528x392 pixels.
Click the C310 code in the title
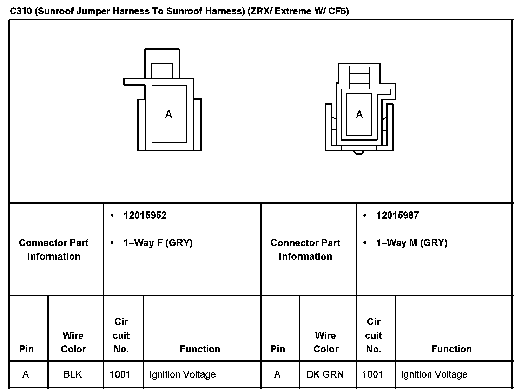point(21,11)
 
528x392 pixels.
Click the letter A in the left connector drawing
point(169,114)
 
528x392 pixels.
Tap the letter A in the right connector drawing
point(359,114)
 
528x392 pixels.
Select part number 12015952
point(145,215)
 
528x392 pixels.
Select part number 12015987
point(397,215)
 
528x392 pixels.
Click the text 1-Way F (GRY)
point(158,243)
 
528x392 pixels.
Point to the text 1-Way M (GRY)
point(412,243)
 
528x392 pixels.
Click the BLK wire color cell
point(73,374)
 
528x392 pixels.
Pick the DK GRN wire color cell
point(325,374)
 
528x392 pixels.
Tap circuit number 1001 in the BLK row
point(120,374)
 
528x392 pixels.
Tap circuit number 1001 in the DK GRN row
point(372,374)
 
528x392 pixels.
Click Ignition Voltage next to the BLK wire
point(183,374)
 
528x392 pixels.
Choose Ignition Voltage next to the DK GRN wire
point(434,374)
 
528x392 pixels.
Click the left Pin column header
point(26,349)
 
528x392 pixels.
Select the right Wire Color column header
point(326,342)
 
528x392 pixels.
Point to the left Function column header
point(200,349)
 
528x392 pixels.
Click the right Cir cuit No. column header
point(374,335)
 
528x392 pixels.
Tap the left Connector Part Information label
point(54,249)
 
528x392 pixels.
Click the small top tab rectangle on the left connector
point(162,70)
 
